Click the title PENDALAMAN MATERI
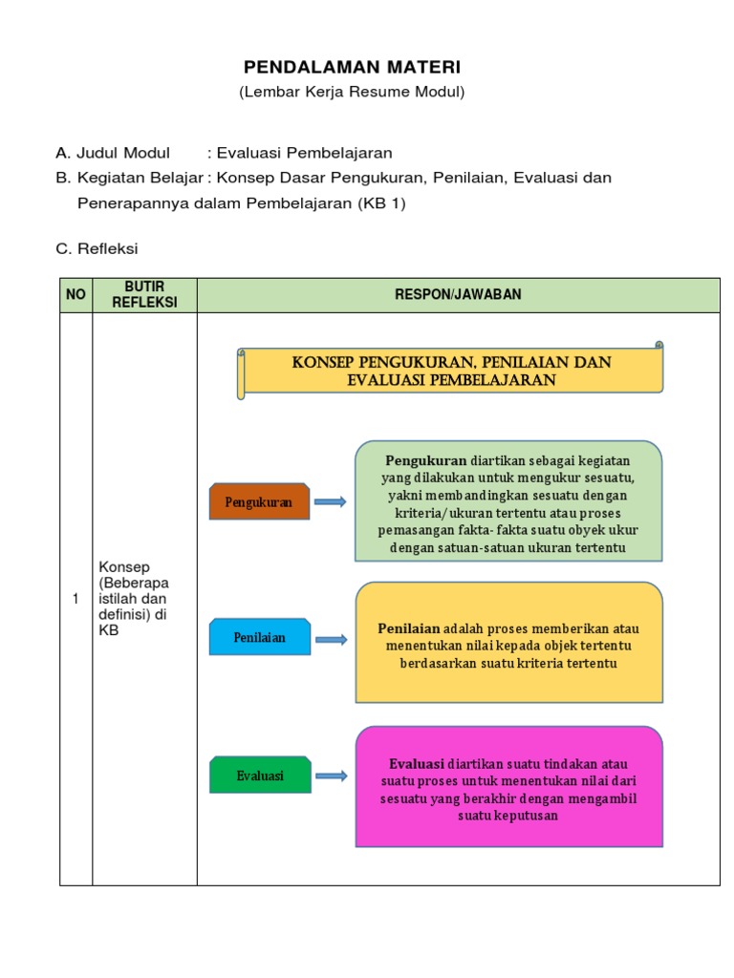click(352, 67)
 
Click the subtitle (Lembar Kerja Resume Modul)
click(352, 93)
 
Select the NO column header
click(76, 295)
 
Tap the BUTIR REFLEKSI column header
click(144, 295)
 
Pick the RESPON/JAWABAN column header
click(458, 295)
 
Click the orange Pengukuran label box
click(259, 501)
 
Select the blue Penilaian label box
click(259, 637)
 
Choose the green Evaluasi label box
click(260, 776)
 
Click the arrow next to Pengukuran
click(330, 501)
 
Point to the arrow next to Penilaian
click(330, 639)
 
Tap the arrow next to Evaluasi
click(330, 776)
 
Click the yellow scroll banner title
click(451, 371)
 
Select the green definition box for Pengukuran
click(508, 502)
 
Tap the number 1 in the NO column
click(76, 599)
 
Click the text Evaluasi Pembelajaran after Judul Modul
click(305, 153)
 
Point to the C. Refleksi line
click(97, 248)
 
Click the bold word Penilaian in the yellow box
click(409, 628)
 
